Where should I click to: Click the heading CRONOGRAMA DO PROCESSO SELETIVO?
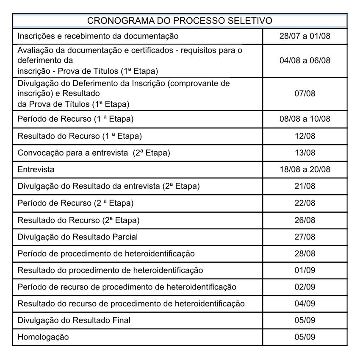pos(180,20)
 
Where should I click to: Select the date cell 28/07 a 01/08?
pos(305,36)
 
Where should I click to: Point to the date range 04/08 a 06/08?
pos(305,61)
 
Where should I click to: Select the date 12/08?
pos(305,136)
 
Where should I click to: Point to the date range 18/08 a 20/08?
pos(305,170)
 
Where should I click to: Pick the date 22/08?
pos(305,203)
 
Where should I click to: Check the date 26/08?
pos(305,220)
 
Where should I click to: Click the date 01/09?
pos(305,270)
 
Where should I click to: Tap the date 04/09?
pos(305,303)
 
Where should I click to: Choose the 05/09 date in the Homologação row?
pos(305,337)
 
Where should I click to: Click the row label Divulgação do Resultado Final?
pos(74,320)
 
